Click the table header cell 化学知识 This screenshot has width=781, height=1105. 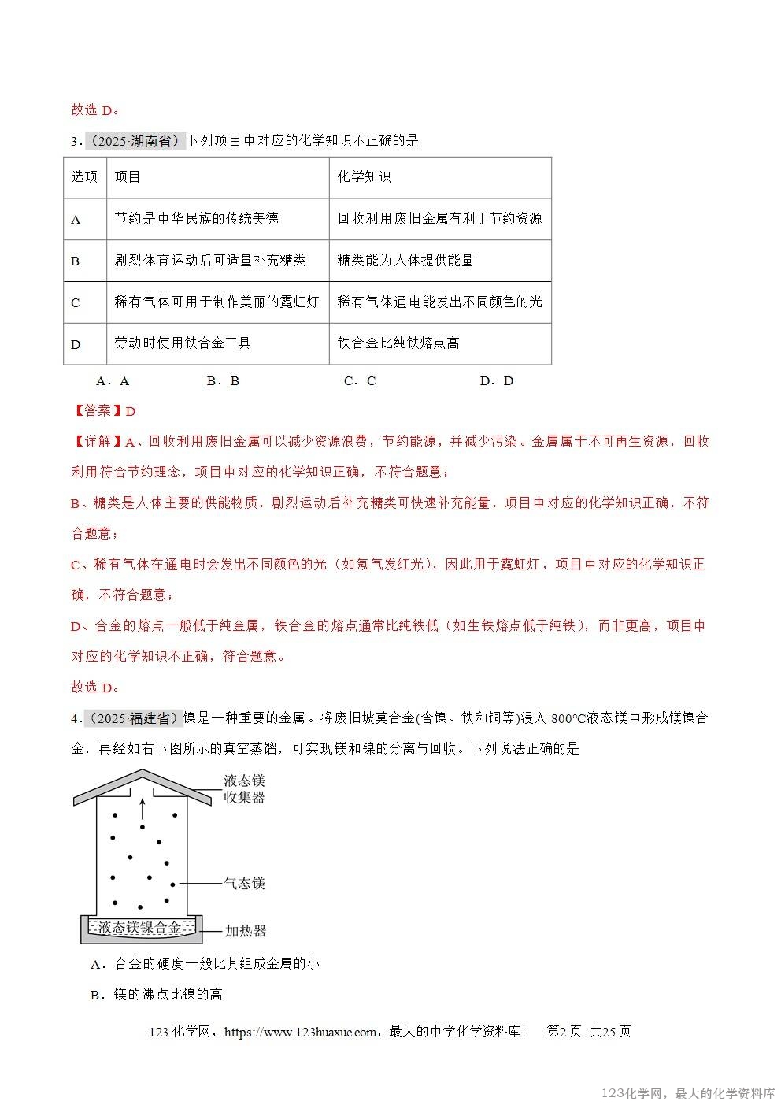click(364, 177)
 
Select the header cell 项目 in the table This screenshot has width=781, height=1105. click(128, 177)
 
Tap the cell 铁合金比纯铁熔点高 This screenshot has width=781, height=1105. click(398, 343)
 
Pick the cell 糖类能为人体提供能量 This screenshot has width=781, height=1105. click(405, 261)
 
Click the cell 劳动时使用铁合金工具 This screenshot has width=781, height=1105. click(183, 343)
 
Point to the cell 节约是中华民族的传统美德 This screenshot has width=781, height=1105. click(197, 219)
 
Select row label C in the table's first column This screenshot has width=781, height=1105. click(76, 302)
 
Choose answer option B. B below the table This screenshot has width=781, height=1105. click(223, 381)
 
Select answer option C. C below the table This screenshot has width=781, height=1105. click(360, 381)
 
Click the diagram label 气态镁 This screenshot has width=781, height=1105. click(244, 884)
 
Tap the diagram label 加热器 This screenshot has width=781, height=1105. click(246, 931)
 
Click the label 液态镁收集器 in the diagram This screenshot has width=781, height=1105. click(244, 788)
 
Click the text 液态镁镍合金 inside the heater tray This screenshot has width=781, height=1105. click(140, 928)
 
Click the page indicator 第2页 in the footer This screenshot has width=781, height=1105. click(564, 1032)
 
